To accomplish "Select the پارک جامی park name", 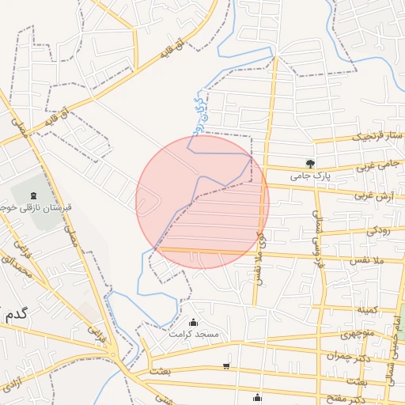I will tap(309, 176).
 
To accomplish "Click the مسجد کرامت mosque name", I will tap(194, 335).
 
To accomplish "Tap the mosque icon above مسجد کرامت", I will tap(194, 322).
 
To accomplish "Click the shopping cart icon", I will tap(227, 366).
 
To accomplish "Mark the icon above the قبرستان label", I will tap(32, 195).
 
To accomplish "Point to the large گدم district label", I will tap(16, 313).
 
